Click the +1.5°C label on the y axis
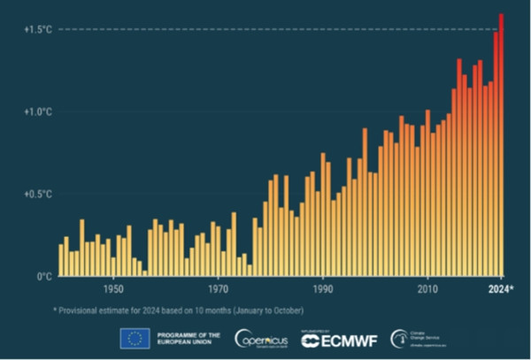tap(38, 30)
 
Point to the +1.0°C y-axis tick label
tap(38, 112)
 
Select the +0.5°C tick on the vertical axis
tap(38, 194)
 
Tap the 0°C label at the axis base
tap(43, 276)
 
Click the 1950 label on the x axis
tap(112, 289)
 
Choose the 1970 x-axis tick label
tap(218, 289)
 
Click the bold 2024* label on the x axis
tap(503, 289)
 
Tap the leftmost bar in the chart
tap(60, 260)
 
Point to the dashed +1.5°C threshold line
tap(265, 30)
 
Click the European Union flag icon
tap(135, 338)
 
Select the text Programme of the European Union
tap(186, 338)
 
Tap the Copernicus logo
tap(261, 338)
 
